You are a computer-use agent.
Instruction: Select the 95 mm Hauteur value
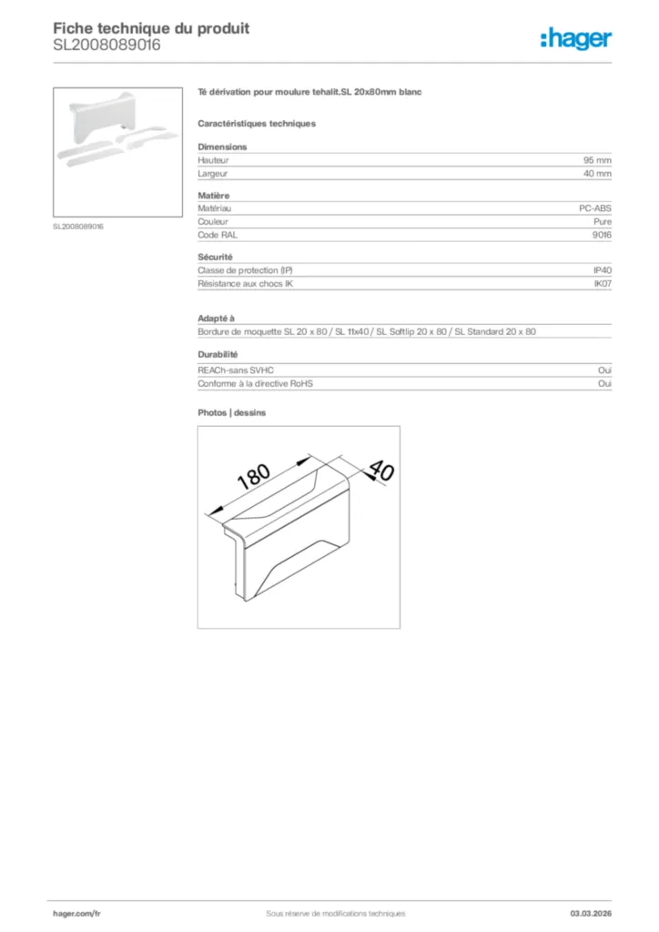click(x=597, y=159)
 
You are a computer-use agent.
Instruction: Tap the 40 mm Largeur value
click(x=597, y=172)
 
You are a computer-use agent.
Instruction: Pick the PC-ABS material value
click(x=595, y=208)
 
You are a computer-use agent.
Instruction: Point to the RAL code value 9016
click(x=602, y=234)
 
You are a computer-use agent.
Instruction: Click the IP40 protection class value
click(x=603, y=270)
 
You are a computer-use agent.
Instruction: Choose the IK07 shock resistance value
click(x=603, y=283)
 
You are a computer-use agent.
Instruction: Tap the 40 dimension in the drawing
click(x=380, y=471)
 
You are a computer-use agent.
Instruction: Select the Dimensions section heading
click(x=222, y=147)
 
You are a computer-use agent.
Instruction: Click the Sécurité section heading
click(x=216, y=258)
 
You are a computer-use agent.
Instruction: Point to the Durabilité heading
click(x=218, y=355)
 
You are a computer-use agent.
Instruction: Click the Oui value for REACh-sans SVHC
click(x=604, y=370)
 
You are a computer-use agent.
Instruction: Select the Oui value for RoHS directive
click(x=604, y=383)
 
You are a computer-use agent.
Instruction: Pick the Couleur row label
click(x=213, y=221)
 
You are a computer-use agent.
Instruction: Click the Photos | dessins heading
click(x=232, y=412)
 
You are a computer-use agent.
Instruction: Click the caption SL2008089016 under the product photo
click(x=78, y=227)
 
